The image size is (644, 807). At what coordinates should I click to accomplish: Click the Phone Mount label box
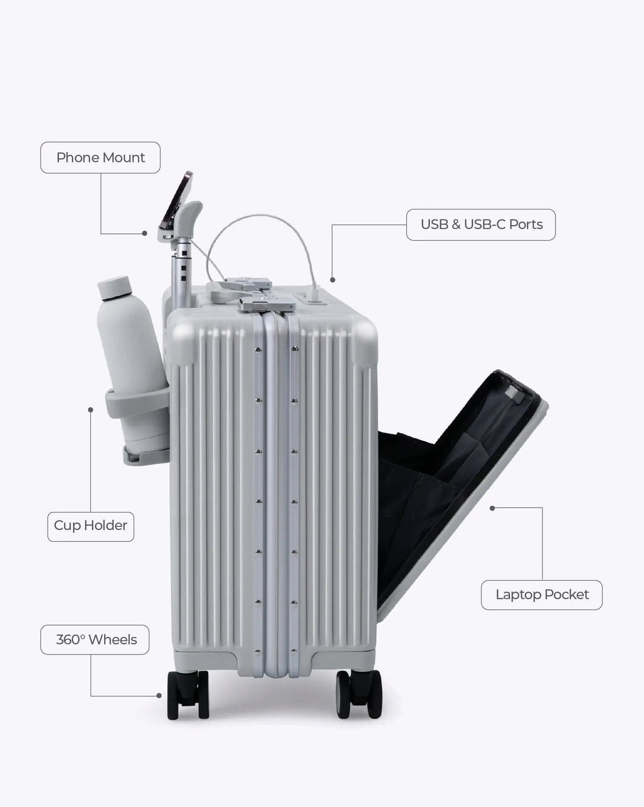[x=100, y=158]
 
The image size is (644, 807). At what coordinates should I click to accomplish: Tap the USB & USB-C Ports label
[x=481, y=225]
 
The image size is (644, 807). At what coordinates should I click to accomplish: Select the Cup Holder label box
[x=91, y=526]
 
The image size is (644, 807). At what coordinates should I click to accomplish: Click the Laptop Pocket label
[x=541, y=595]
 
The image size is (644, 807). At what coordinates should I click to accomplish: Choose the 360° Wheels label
[x=95, y=640]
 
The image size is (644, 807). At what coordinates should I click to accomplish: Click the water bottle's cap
[x=114, y=287]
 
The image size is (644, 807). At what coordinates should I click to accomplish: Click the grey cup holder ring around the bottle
[x=136, y=402]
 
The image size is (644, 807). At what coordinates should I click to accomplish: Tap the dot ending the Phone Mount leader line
[x=144, y=233]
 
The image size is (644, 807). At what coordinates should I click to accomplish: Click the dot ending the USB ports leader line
[x=332, y=280]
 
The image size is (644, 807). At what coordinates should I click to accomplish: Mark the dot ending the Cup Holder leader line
[x=90, y=410]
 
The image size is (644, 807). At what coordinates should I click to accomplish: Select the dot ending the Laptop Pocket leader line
[x=492, y=508]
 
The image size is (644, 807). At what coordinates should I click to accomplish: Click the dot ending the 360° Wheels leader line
[x=159, y=695]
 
